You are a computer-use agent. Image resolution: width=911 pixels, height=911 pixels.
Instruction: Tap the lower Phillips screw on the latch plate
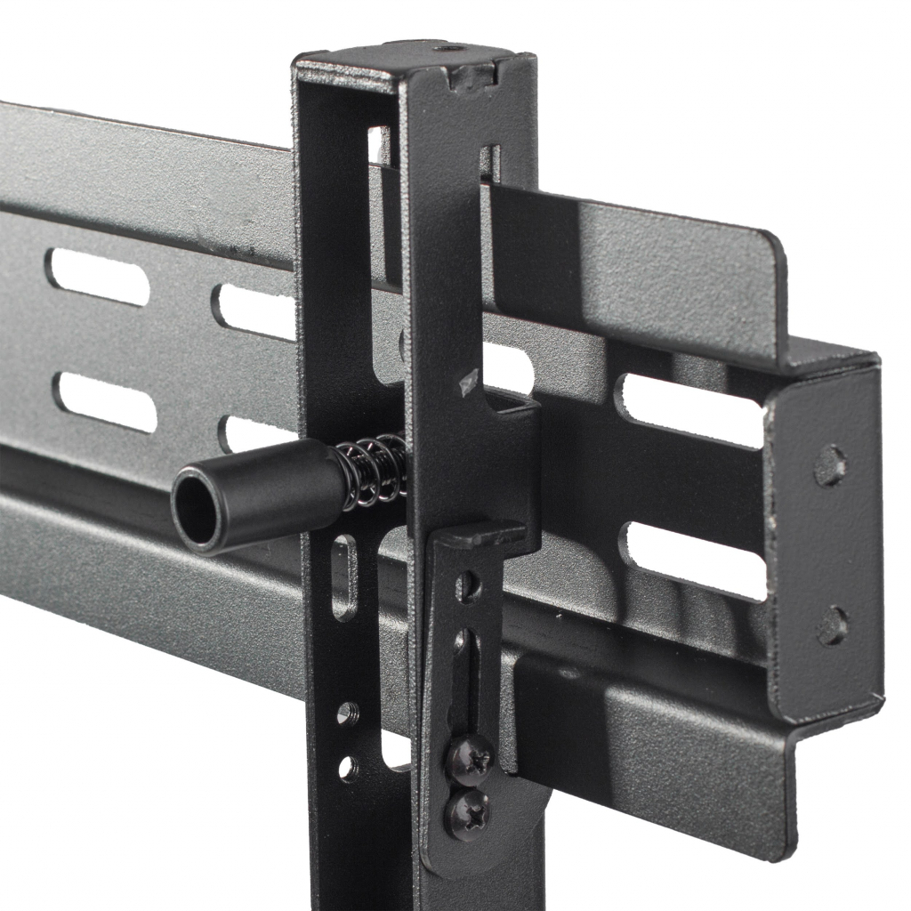(467, 811)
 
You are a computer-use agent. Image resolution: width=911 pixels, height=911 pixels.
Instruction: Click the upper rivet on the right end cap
(829, 466)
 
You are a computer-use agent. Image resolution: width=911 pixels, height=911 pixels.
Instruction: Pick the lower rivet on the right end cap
(832, 626)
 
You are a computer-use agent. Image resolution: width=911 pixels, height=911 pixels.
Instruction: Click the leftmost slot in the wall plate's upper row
(98, 277)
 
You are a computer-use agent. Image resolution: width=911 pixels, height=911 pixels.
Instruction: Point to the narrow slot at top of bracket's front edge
(489, 163)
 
